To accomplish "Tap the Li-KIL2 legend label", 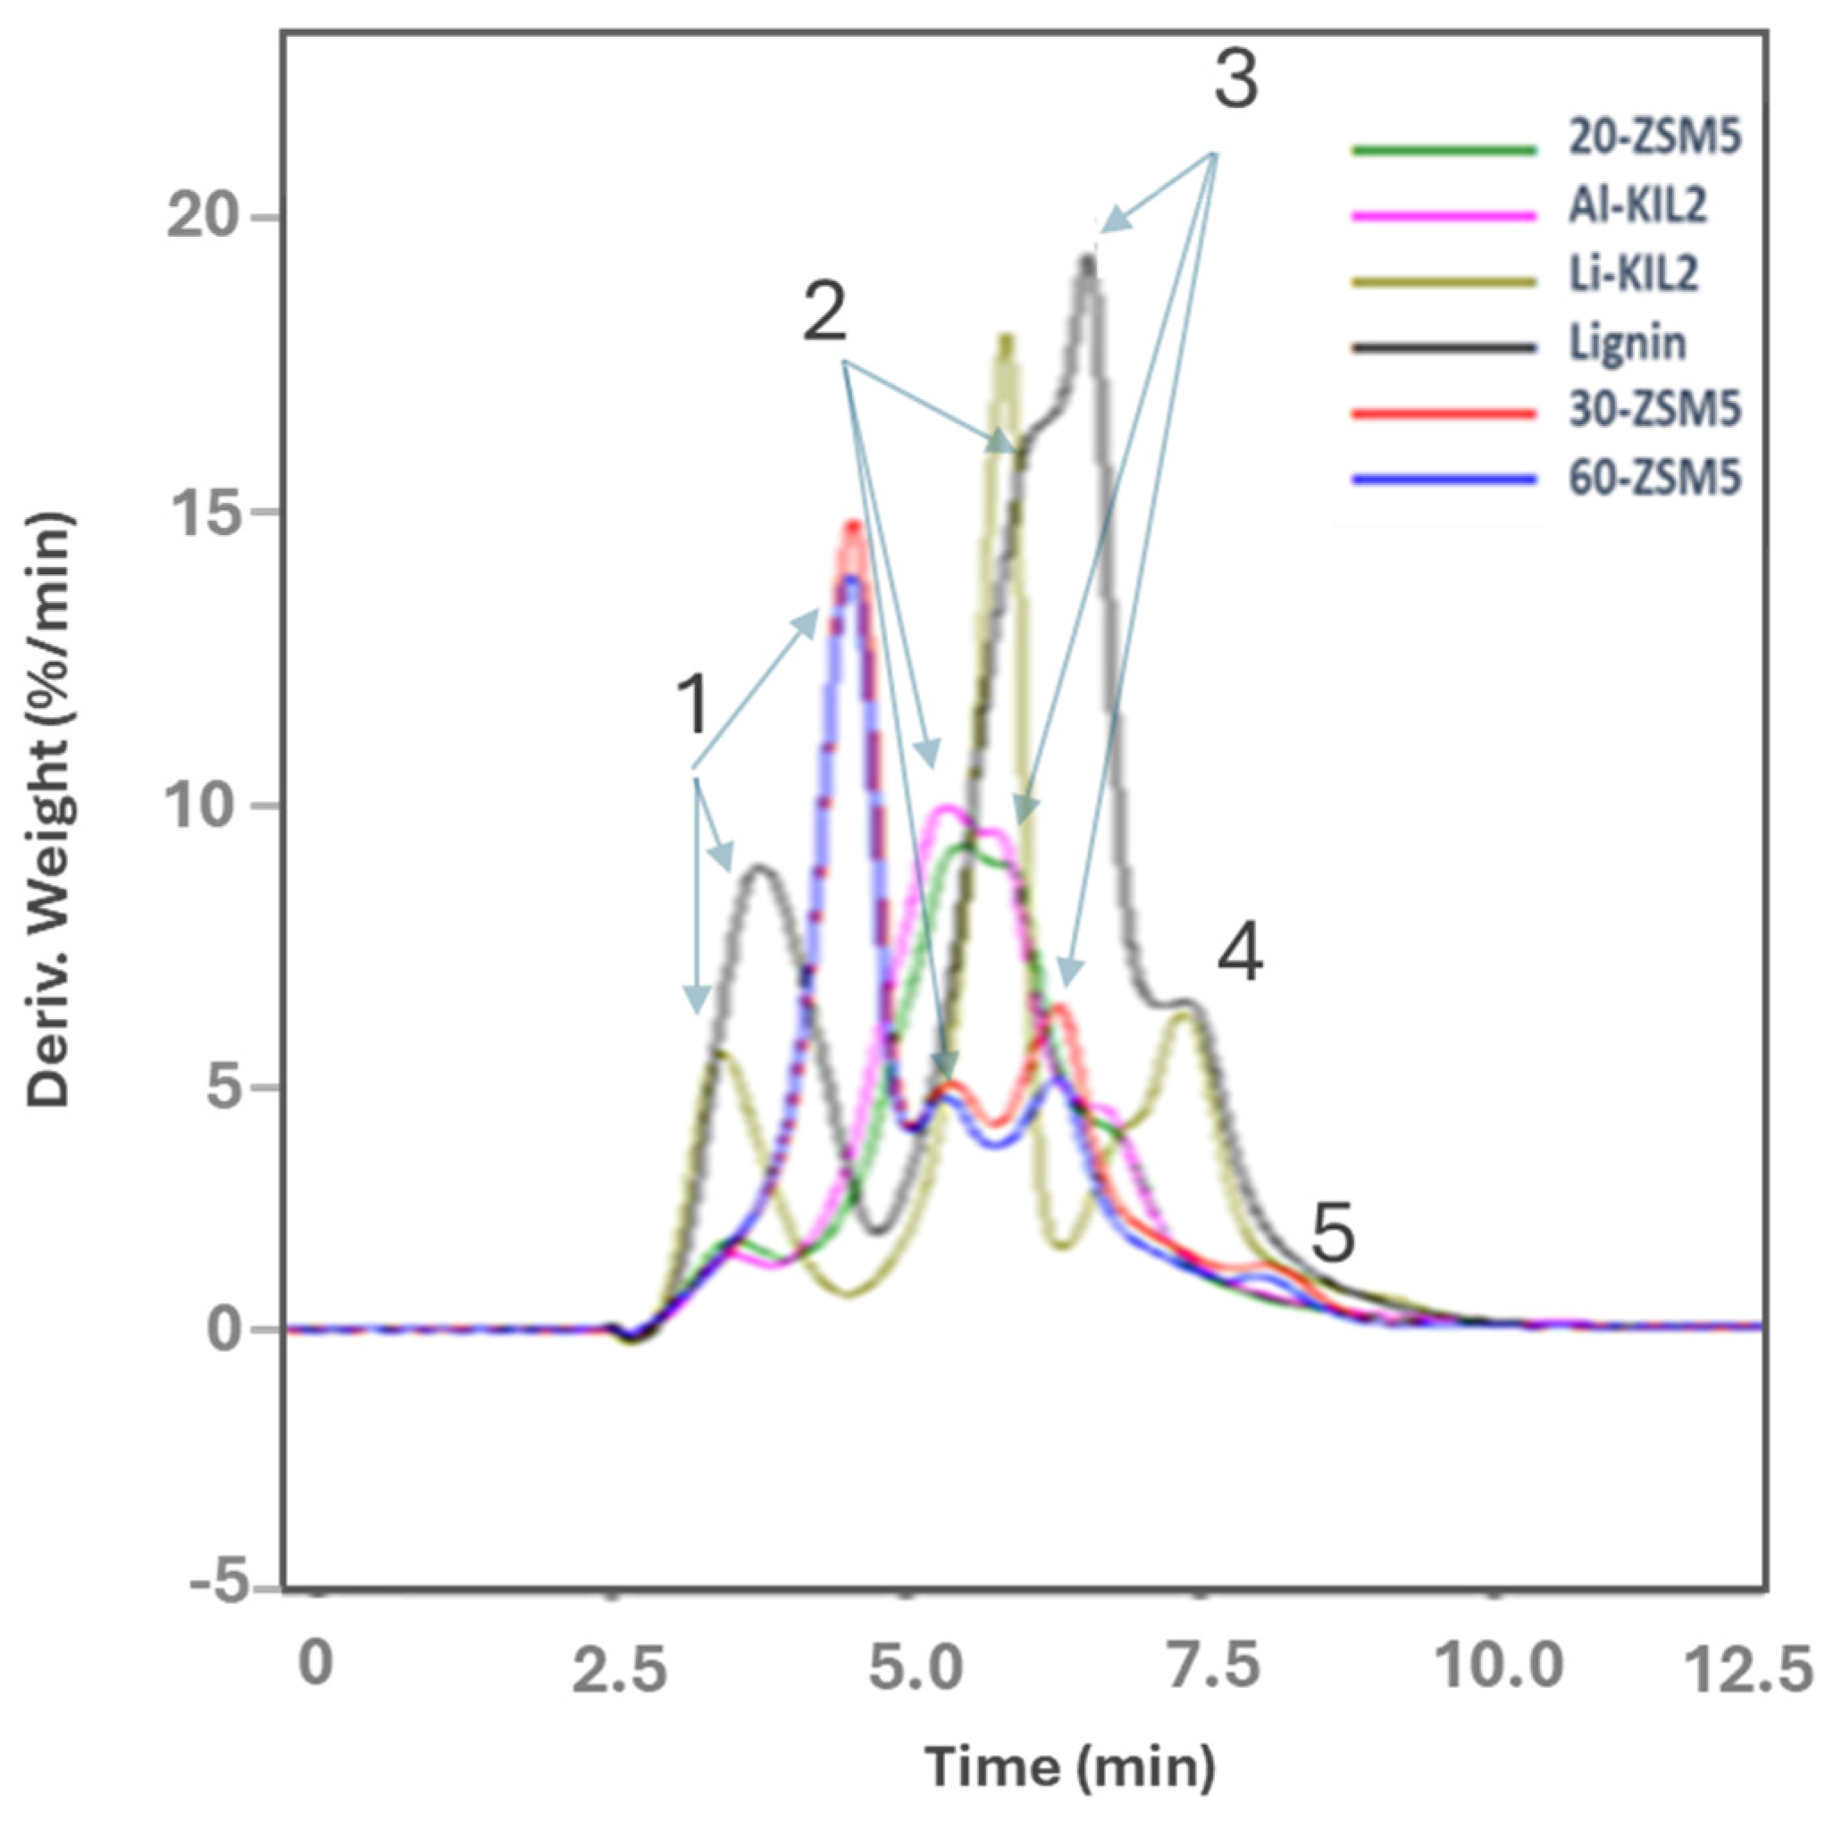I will (x=1634, y=274).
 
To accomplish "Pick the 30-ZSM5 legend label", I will (x=1654, y=410).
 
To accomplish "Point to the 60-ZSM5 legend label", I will (x=1654, y=478).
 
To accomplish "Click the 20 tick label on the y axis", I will (x=201, y=218).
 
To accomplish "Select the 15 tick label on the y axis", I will (x=201, y=512).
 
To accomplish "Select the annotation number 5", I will (x=1332, y=1233).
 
